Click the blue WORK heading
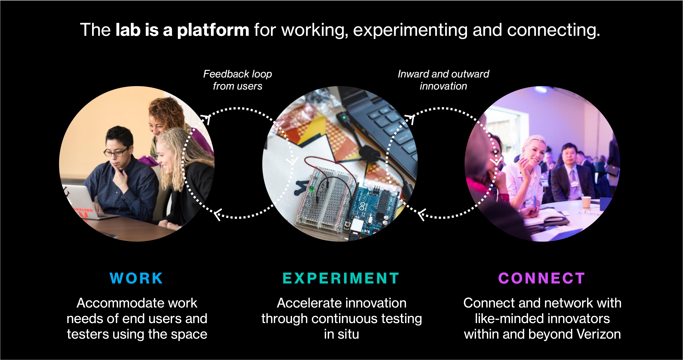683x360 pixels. coord(136,278)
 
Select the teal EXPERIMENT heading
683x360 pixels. coord(341,278)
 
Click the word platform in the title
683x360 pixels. coord(213,30)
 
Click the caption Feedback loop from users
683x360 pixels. coord(238,80)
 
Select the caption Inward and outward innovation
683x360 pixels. coord(443,80)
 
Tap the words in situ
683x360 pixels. coord(341,334)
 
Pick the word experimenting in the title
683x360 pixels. coord(410,30)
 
